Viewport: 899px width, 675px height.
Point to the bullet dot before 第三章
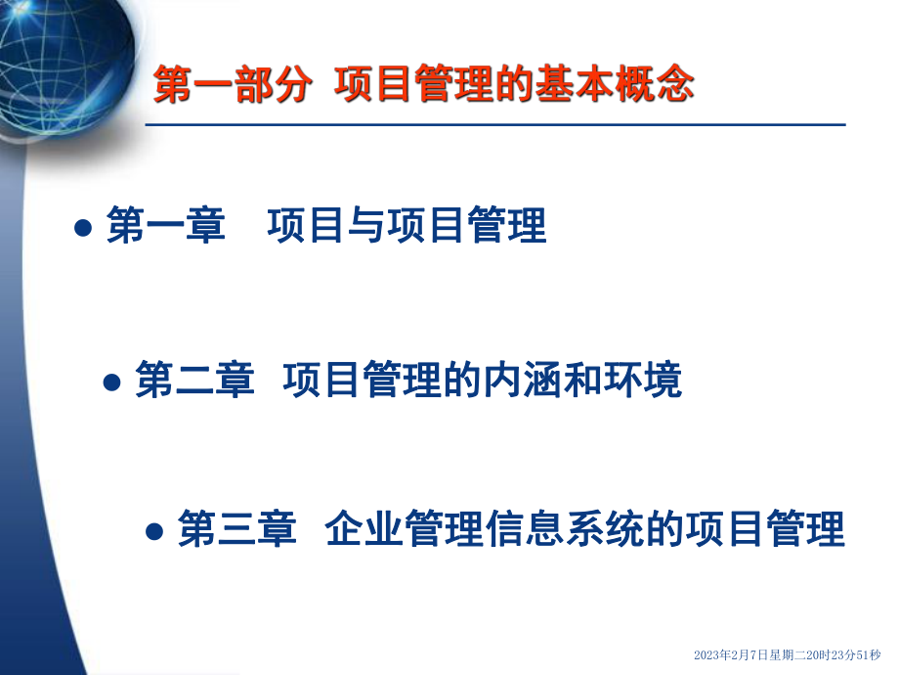(x=153, y=532)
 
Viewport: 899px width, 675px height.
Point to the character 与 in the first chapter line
(x=367, y=228)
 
